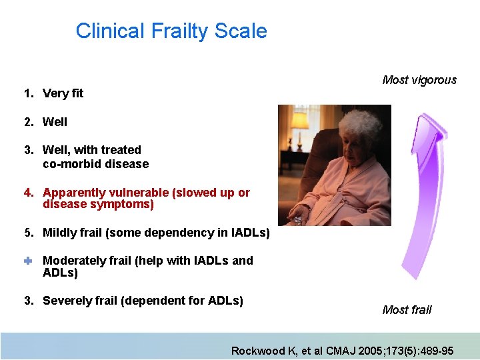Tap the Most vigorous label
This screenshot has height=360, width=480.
(419, 80)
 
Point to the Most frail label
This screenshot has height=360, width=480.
(407, 309)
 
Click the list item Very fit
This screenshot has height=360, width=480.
(63, 93)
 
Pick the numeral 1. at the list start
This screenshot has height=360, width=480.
(29, 93)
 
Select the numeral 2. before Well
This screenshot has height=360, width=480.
(29, 122)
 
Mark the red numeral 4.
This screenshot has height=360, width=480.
(29, 193)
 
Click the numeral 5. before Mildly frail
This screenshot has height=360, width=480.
(29, 233)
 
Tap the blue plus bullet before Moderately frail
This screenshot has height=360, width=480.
(28, 261)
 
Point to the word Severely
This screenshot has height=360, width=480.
(67, 301)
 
